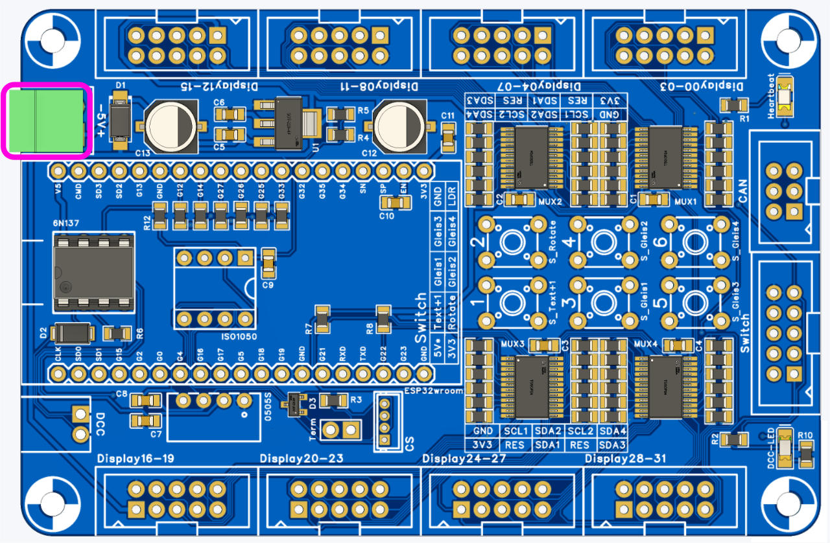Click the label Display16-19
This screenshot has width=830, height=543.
(136, 459)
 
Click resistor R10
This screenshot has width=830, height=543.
(806, 454)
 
